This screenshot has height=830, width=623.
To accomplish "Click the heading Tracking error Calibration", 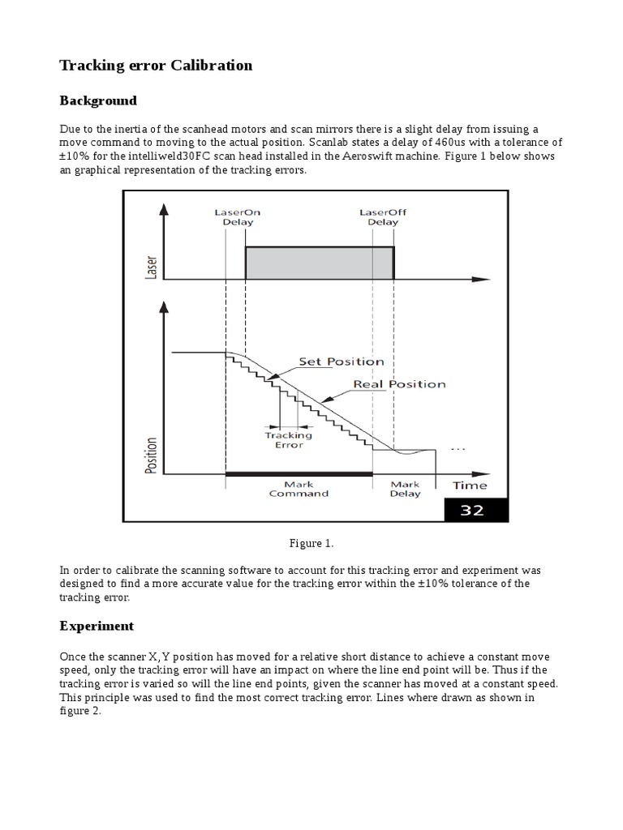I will point(156,66).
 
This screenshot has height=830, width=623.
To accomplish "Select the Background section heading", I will point(98,101).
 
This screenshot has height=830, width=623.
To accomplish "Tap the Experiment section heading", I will point(97,627).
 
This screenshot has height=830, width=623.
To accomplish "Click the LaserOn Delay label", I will point(237,217).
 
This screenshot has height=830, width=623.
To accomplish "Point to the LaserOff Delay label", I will point(382,217).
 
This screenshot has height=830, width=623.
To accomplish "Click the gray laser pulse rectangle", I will point(319,263).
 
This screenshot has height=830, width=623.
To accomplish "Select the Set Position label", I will point(342,362).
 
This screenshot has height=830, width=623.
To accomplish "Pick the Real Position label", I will point(399,383).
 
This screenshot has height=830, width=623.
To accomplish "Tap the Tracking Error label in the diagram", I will point(289,440).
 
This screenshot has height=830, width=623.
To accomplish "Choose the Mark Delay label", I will point(405,489).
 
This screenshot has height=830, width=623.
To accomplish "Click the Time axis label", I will point(470,486).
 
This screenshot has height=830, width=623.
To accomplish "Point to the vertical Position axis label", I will point(151,456).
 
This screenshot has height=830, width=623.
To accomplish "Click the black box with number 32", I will point(475,511).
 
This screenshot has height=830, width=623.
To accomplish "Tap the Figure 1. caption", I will point(311,542).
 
